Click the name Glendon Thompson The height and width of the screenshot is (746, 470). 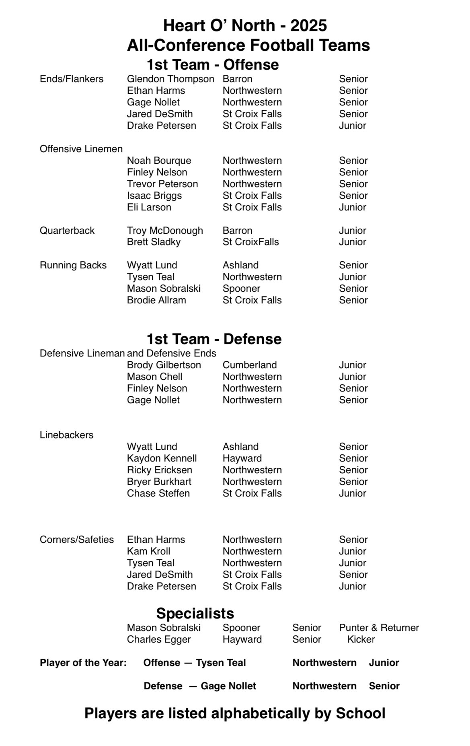[170, 79]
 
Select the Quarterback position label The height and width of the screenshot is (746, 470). [67, 231]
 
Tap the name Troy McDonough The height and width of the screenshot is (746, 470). [165, 231]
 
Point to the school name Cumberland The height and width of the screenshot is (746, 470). [250, 365]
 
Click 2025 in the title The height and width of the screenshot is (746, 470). [308, 26]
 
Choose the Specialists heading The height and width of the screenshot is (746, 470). [195, 613]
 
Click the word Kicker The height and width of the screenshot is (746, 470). [361, 639]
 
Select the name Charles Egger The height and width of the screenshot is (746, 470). [159, 639]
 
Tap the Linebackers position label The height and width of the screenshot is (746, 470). [66, 435]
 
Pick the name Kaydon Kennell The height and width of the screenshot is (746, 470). [162, 458]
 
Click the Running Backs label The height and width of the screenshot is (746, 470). [73, 265]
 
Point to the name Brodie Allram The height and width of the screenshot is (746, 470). [156, 300]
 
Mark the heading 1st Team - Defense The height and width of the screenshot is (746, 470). [214, 339]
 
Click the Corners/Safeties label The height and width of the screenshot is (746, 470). [77, 540]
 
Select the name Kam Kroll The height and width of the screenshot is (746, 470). [148, 551]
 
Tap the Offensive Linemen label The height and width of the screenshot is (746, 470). [81, 149]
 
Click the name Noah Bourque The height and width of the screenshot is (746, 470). [159, 161]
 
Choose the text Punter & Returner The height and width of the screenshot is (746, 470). [379, 628]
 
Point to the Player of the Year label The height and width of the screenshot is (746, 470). [83, 663]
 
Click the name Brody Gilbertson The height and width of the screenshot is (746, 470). [164, 365]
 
